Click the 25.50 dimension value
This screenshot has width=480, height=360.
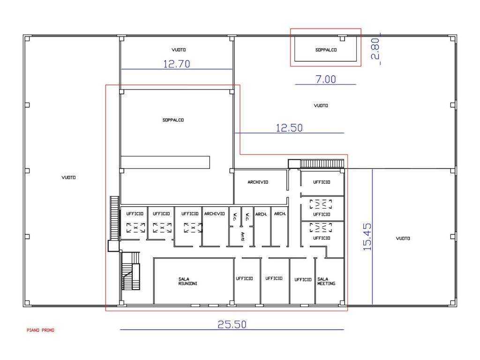coord(232,324)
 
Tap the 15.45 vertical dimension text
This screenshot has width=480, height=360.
coord(367,237)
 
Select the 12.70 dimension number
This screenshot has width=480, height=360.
coord(177,64)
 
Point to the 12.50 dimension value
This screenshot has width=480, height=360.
coord(289,128)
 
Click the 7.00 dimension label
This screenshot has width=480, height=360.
coord(326,79)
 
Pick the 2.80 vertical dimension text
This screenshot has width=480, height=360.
coord(375,49)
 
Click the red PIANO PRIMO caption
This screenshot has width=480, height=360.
coord(40,330)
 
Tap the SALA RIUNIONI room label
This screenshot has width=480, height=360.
coord(187,281)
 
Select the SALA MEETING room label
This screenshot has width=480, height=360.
coord(326,281)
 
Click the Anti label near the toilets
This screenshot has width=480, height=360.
coord(242,236)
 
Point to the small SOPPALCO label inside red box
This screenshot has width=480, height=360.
coord(326,50)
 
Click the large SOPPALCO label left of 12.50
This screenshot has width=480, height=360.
coord(173,120)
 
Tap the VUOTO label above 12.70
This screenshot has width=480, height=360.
coord(179,50)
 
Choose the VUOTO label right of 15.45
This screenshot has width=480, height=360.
coord(403,238)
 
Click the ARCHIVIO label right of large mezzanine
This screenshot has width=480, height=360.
coord(258,182)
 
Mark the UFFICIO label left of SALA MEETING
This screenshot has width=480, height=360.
coord(303,279)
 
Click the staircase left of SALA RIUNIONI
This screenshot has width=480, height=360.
coord(131,271)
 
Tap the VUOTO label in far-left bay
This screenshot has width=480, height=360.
coord(68,177)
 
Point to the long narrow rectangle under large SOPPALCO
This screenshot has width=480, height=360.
coord(165,162)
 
